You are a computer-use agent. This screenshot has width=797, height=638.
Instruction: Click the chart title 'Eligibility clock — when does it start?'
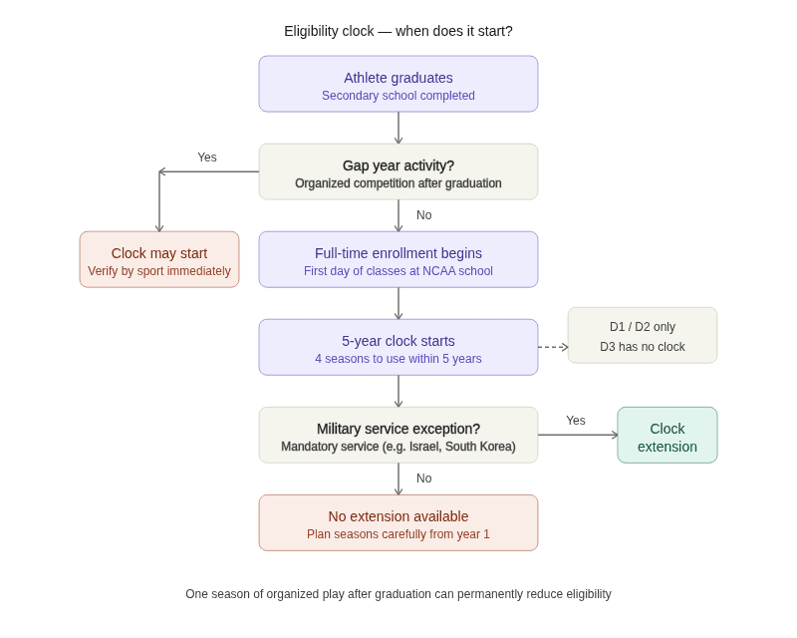pyautogui.click(x=398, y=31)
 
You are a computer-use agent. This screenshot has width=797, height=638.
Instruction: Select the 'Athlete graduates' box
pyautogui.click(x=398, y=84)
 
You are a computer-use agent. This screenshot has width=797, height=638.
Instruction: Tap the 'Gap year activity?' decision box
pyautogui.click(x=398, y=171)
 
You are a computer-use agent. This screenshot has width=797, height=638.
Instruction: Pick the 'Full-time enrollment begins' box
pyautogui.click(x=398, y=259)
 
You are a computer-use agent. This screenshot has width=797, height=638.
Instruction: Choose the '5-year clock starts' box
pyautogui.click(x=398, y=347)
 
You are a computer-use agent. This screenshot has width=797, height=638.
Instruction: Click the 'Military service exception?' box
pyautogui.click(x=398, y=435)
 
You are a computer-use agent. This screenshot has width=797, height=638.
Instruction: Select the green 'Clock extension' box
pyautogui.click(x=667, y=435)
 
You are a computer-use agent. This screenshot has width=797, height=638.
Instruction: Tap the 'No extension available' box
pyautogui.click(x=398, y=522)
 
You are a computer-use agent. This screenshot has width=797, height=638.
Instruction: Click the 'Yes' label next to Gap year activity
pyautogui.click(x=207, y=158)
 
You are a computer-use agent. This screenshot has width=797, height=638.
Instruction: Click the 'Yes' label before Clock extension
pyautogui.click(x=576, y=421)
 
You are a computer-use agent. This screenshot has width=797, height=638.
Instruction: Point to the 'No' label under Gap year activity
pyautogui.click(x=424, y=215)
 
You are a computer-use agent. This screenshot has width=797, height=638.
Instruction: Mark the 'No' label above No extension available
pyautogui.click(x=424, y=478)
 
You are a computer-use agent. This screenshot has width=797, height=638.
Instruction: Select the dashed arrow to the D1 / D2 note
pyautogui.click(x=553, y=347)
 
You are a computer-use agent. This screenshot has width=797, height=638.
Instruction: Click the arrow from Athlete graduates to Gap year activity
pyautogui.click(x=398, y=128)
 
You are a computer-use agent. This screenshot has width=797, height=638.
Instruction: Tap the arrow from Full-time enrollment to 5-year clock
pyautogui.click(x=398, y=303)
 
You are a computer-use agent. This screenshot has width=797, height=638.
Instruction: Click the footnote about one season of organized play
pyautogui.click(x=398, y=594)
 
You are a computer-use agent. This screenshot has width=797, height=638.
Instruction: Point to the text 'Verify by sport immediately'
pyautogui.click(x=159, y=271)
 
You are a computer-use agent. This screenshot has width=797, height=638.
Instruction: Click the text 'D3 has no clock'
pyautogui.click(x=643, y=347)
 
